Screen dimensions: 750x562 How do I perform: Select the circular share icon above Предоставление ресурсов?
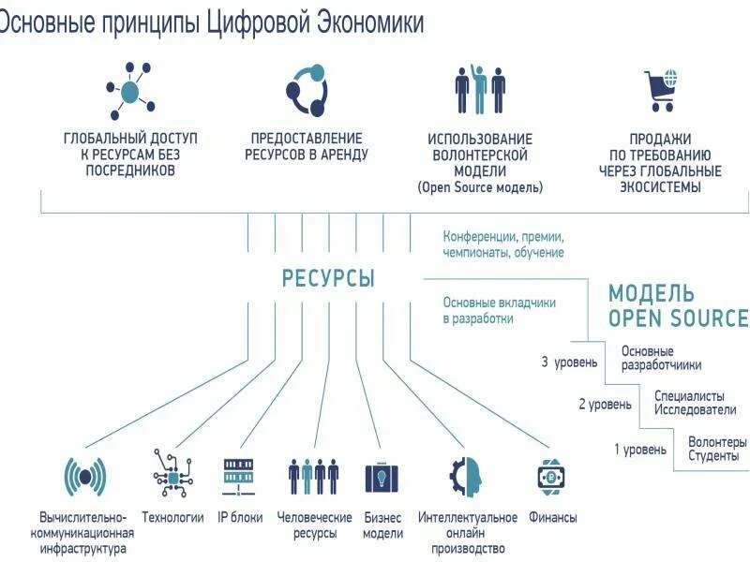(x=306, y=91)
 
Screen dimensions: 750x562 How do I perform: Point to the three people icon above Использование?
(x=480, y=90)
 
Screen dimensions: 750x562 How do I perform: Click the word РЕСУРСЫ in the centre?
(x=328, y=278)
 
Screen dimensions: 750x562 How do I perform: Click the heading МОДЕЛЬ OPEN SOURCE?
(x=678, y=306)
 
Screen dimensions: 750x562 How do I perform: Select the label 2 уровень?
(x=605, y=405)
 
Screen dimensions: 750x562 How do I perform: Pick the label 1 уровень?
(x=640, y=450)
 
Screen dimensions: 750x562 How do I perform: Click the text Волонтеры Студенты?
(x=717, y=449)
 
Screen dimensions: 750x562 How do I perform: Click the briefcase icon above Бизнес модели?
(x=382, y=476)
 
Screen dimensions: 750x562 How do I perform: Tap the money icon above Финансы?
(x=552, y=476)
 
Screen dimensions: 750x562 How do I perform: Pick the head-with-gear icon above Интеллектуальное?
(x=466, y=476)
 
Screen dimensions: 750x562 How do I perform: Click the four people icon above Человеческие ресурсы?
(x=313, y=476)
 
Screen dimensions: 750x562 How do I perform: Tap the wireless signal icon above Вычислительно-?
(x=84, y=477)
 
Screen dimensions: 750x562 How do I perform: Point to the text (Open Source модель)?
(x=480, y=187)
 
